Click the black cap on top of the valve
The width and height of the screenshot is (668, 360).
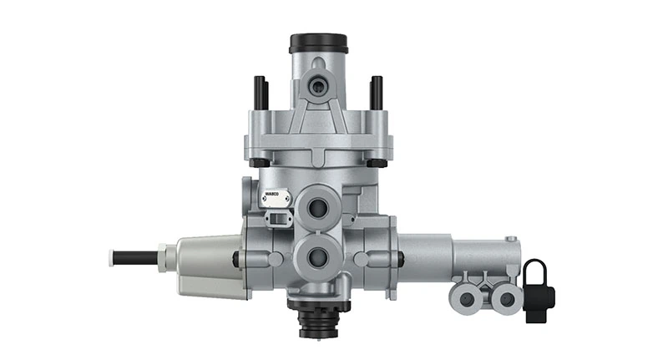(x=318, y=43)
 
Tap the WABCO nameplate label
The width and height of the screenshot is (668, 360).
(x=276, y=199)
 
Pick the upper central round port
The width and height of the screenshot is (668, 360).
(x=318, y=205)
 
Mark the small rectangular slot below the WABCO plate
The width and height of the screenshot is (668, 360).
(x=276, y=218)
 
